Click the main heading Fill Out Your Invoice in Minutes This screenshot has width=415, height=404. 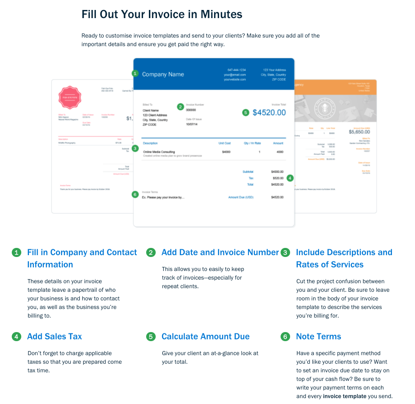162,14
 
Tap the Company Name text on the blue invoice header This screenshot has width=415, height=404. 163,74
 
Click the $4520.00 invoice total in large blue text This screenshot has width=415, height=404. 269,112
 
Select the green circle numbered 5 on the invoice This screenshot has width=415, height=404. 246,113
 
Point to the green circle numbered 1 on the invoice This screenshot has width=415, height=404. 135,73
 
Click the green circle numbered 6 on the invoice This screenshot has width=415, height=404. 135,195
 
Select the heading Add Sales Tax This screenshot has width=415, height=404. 54,337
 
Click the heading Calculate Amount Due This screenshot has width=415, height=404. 205,337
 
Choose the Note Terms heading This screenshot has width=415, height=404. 318,337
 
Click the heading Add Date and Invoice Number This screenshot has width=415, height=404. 220,252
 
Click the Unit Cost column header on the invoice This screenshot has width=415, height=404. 224,143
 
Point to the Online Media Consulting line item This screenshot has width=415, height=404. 159,152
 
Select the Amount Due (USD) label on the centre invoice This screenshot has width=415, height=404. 241,197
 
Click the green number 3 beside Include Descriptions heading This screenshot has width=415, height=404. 285,252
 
